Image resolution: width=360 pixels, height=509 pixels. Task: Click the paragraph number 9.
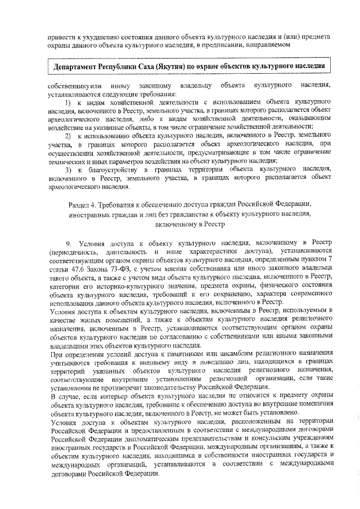pos(69,243)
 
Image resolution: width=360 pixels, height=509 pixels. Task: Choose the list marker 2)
pos(67,136)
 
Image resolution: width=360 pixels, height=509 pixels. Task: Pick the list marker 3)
pos(67,169)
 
